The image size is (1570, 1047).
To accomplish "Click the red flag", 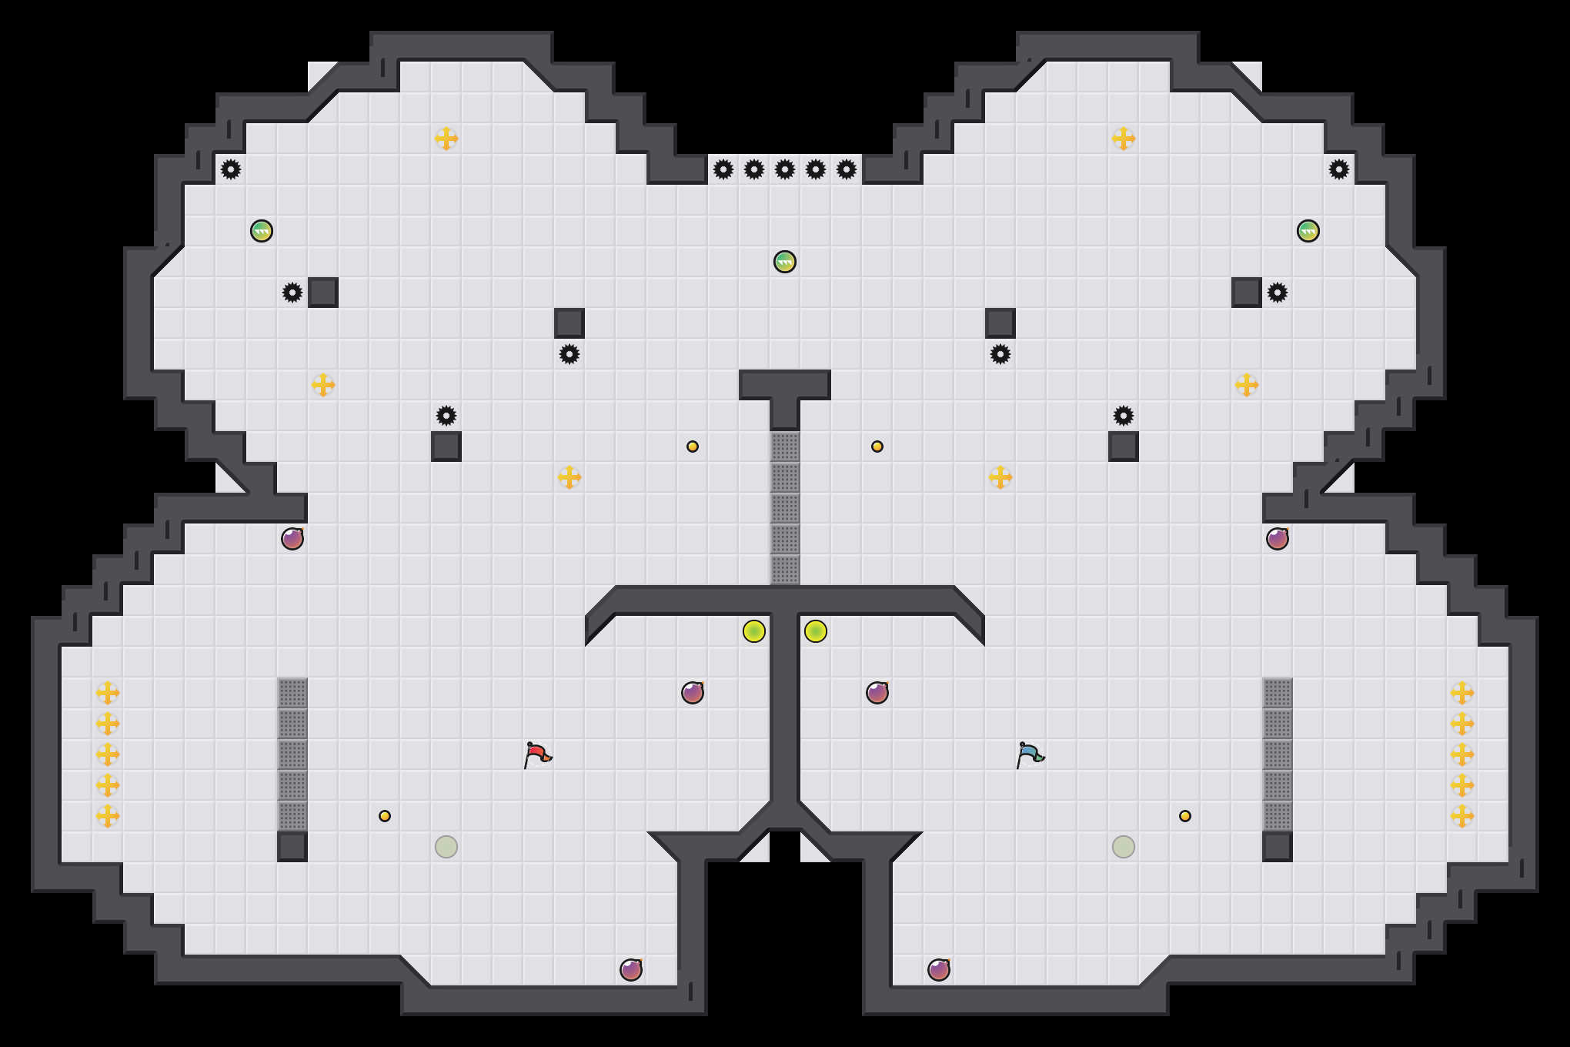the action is pos(537,754).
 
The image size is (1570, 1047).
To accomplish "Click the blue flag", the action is pos(1030,754).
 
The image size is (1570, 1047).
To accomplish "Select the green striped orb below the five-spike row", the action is pos(785,262).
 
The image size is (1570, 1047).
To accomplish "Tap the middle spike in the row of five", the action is pos(785,169).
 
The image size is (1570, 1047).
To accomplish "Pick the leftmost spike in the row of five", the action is pos(723,169).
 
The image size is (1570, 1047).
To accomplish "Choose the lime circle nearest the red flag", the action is pos(754,631).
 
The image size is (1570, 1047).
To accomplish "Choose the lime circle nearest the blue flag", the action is pos(816,631).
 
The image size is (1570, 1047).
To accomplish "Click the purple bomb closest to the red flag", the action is pos(693,693).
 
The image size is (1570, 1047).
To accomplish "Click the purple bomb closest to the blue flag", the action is pos(877,693).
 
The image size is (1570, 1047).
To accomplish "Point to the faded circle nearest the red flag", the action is pos(446,847).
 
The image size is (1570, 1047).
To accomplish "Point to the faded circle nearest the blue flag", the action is pos(1124,847).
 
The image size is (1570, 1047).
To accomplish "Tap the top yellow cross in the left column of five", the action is pos(108,693).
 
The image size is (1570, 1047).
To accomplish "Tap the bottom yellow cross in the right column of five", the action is pos(1462,816).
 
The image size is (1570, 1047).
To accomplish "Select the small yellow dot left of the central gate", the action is pos(693,447).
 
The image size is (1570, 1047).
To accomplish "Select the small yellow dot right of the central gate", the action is pos(877,447).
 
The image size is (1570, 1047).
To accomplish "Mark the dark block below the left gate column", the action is pos(292,847).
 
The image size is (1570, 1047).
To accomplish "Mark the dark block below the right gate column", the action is pos(1278,847).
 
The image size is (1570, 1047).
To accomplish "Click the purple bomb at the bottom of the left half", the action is pos(631,970).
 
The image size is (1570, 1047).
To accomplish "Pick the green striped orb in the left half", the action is pos(262,231).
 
